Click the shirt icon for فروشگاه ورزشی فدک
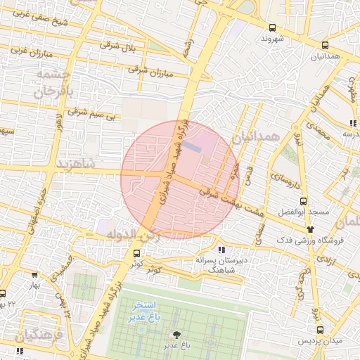(309, 229)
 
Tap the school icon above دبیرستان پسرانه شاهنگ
(222, 250)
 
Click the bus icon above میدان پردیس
(321, 330)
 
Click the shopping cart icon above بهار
(34, 275)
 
